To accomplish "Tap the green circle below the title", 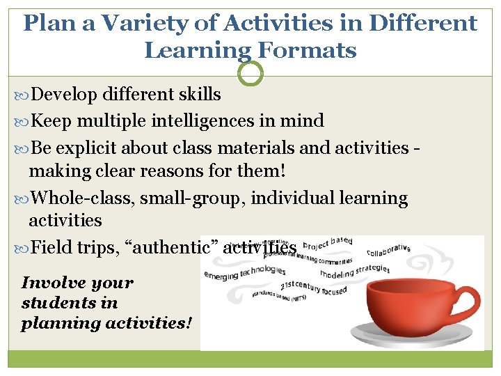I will tap(250, 72).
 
